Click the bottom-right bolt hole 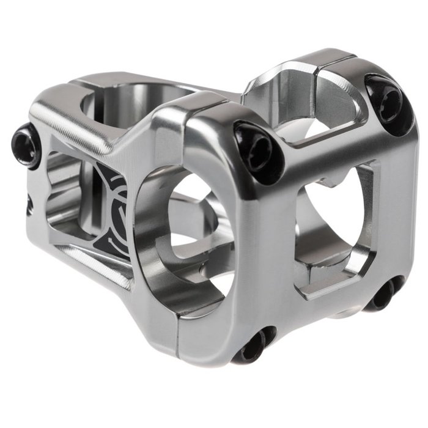point(386,295)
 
